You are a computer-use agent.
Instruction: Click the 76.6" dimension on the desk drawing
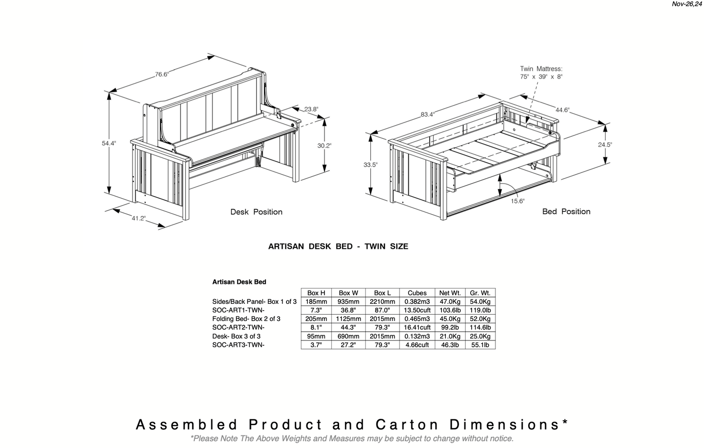pyautogui.click(x=161, y=75)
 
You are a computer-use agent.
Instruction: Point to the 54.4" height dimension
pyautogui.click(x=109, y=143)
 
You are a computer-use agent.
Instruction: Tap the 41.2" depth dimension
pyautogui.click(x=139, y=218)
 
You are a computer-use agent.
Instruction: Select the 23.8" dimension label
pyautogui.click(x=311, y=109)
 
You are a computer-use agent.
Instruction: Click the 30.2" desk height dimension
pyautogui.click(x=324, y=145)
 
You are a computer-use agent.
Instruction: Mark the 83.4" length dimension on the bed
pyautogui.click(x=428, y=114)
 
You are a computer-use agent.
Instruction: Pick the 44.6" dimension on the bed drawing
pyautogui.click(x=562, y=110)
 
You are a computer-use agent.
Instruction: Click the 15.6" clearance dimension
pyautogui.click(x=517, y=201)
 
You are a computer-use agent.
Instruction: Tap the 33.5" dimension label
pyautogui.click(x=370, y=165)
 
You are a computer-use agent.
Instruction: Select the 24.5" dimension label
pyautogui.click(x=605, y=145)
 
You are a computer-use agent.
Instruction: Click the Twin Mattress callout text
pyautogui.click(x=541, y=73)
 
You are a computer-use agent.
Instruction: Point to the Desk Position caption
pyautogui.click(x=256, y=212)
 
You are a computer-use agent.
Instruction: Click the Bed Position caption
pyautogui.click(x=566, y=211)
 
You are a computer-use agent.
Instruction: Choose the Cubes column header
pyautogui.click(x=417, y=293)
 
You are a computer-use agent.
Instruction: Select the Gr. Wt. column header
pyautogui.click(x=480, y=293)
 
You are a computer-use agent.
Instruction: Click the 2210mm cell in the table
pyautogui.click(x=382, y=301)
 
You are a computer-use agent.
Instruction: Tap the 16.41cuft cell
pyautogui.click(x=417, y=328)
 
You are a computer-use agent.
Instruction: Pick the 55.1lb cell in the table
pyautogui.click(x=480, y=345)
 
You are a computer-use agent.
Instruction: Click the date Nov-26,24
pyautogui.click(x=687, y=4)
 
